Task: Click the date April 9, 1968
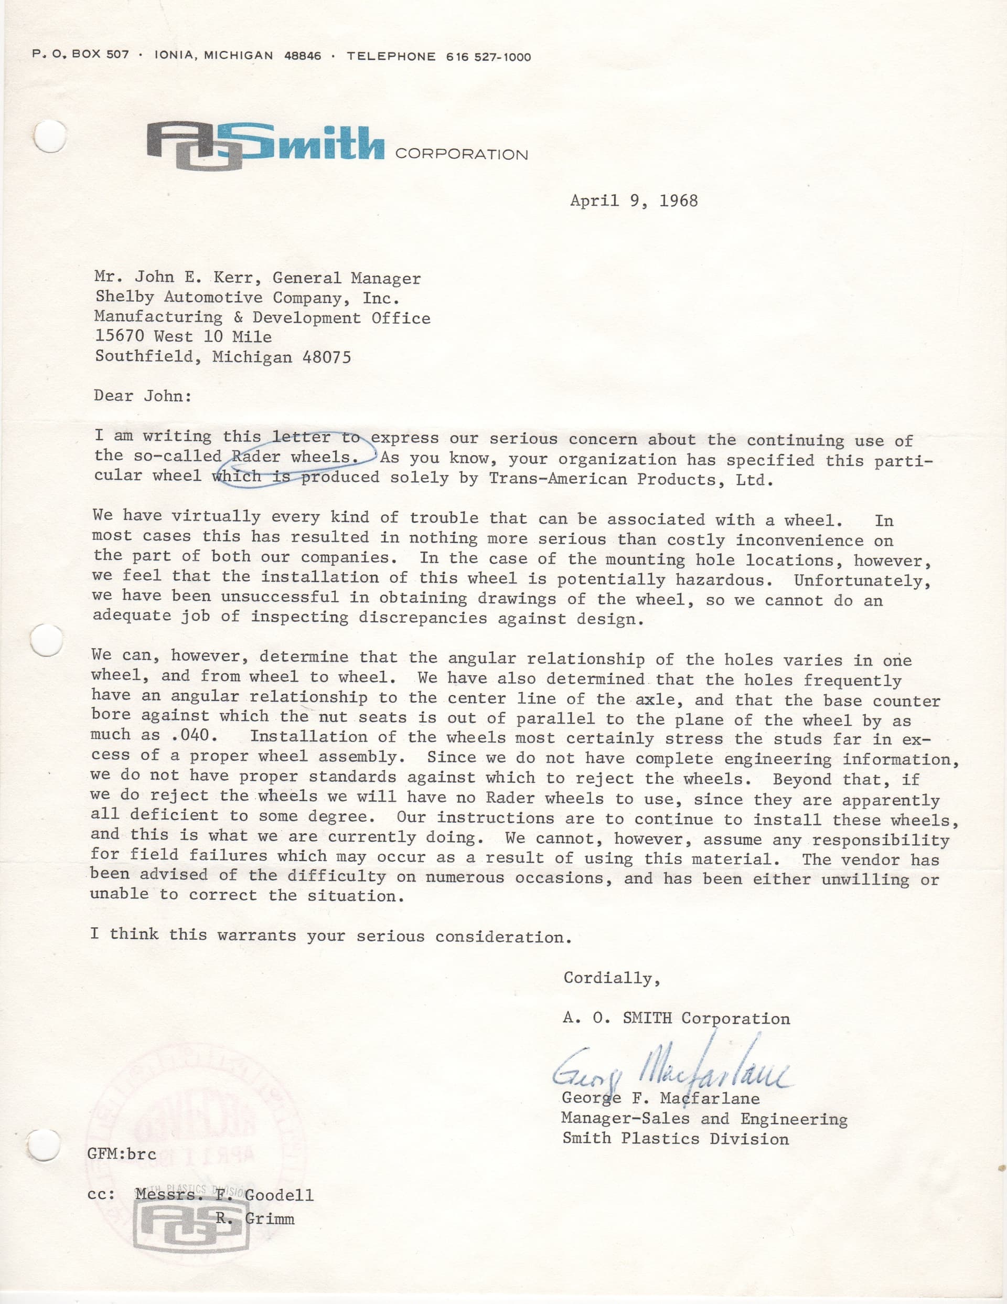pos(634,200)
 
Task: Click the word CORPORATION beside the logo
pos(462,155)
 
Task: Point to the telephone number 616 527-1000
pos(488,57)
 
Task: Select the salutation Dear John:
pos(143,396)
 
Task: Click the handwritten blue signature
pos(671,1072)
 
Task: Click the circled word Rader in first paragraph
pos(255,457)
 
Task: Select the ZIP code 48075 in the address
pos(327,357)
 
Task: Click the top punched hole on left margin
pos(48,136)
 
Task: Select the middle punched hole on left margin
pos(47,641)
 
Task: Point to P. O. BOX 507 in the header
pos(81,55)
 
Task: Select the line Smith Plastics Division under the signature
pos(675,1139)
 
